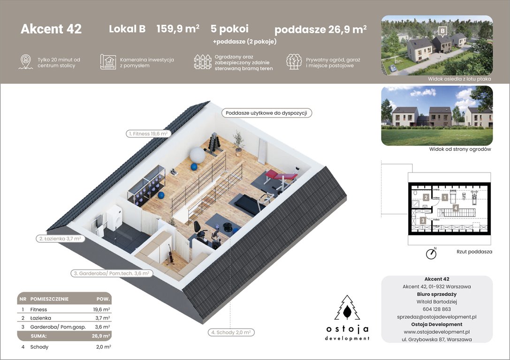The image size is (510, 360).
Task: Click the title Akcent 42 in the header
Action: [x=51, y=29]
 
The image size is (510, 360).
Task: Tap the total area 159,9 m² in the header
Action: [x=178, y=29]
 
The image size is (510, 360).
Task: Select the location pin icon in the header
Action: [x=25, y=62]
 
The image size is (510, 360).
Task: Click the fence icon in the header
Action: [x=202, y=62]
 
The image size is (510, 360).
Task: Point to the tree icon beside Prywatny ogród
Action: [x=294, y=62]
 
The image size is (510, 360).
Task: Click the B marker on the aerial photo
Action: [x=441, y=31]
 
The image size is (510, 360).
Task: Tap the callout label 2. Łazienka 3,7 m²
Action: [x=60, y=239]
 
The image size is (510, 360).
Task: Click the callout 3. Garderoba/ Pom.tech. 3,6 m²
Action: [x=111, y=273]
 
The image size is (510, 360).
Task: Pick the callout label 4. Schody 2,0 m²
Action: [x=231, y=332]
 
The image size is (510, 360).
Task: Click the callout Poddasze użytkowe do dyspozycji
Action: [x=266, y=113]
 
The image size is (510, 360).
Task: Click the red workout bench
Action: [x=280, y=176]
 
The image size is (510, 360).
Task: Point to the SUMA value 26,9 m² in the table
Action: [x=101, y=336]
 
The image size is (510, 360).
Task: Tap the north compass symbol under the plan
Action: [x=431, y=254]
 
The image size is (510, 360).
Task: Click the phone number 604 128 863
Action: [x=437, y=309]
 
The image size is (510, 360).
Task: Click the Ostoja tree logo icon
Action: [x=347, y=309]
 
